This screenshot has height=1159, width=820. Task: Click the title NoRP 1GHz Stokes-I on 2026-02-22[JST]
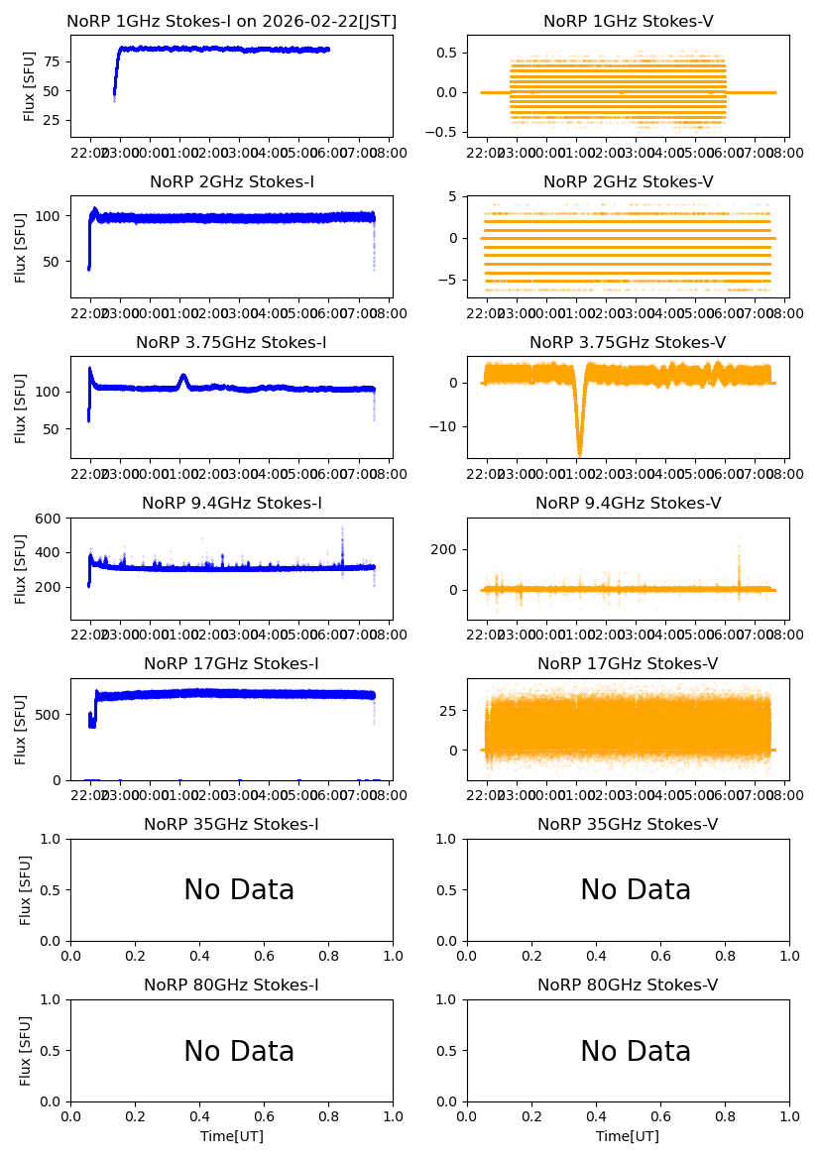coord(231,21)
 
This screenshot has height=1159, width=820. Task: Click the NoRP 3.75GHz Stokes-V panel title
coord(628,342)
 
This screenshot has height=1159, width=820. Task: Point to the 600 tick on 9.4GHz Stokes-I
coord(52,519)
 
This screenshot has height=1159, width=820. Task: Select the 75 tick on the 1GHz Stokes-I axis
coord(53,61)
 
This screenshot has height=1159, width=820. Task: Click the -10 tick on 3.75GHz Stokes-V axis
coord(448,426)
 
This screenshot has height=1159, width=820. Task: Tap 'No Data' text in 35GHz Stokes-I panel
coord(239,890)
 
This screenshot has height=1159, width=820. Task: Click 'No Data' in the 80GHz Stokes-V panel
coord(635,1051)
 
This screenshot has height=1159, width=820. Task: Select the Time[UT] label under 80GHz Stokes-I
coord(231,1136)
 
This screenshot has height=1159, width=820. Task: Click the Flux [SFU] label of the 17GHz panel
coord(21,730)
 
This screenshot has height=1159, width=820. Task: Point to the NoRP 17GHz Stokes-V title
coord(628,663)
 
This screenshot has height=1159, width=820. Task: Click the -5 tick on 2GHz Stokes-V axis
coord(451,280)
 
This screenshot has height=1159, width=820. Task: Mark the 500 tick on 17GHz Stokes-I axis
coord(52,714)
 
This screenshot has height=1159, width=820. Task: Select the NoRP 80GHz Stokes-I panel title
coord(231,985)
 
